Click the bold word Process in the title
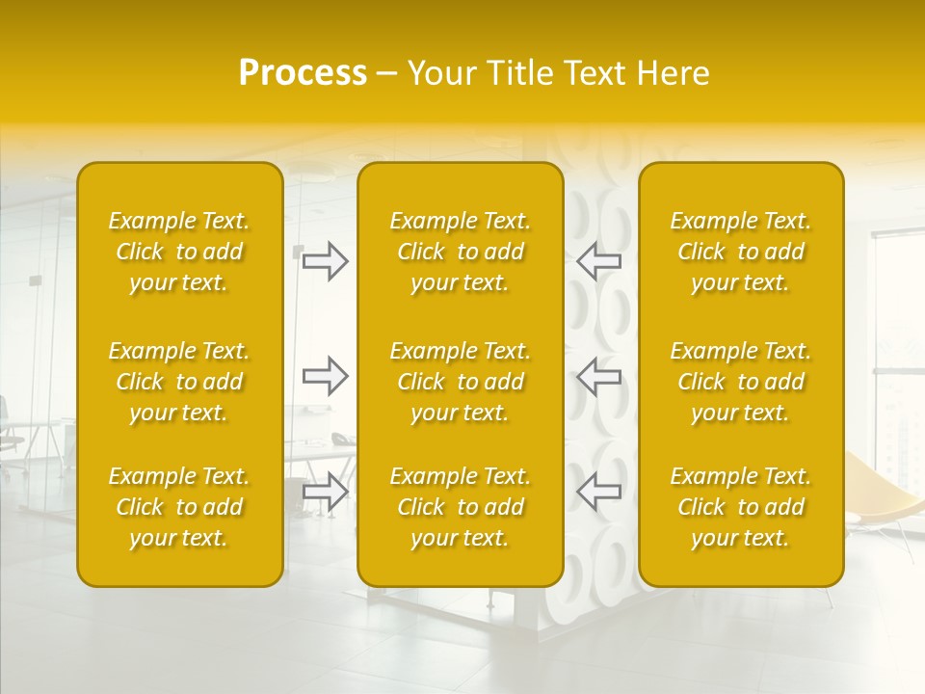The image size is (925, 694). tap(303, 73)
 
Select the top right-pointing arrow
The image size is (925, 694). tap(325, 261)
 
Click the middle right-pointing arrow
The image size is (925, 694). tap(325, 376)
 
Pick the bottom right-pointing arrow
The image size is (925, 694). tap(325, 492)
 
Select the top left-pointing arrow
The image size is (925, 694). tap(599, 261)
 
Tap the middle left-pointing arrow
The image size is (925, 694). tap(599, 376)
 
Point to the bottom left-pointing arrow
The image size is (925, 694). tap(599, 492)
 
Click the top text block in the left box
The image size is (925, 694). tap(179, 252)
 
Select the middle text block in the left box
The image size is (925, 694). tap(179, 382)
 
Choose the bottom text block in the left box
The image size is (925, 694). tap(179, 507)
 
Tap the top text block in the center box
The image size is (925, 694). tap(461, 252)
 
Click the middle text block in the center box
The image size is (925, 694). tap(461, 382)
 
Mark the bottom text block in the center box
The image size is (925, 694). tap(461, 507)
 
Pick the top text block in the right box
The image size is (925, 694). tap(741, 252)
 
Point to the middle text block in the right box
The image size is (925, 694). tap(741, 382)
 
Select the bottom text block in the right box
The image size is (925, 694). tap(741, 507)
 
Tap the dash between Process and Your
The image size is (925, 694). tap(387, 74)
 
